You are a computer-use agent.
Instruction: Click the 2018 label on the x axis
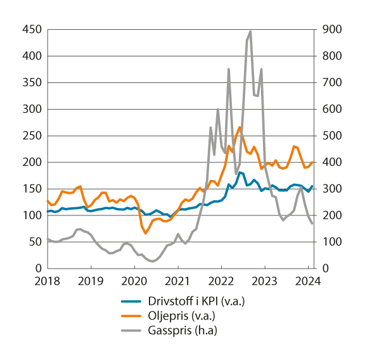pos(47,280)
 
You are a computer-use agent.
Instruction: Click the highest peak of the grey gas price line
pos(250,31)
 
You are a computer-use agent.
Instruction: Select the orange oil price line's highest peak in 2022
pos(239,127)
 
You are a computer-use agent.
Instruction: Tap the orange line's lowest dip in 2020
pos(145,233)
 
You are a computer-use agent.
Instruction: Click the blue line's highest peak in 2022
pos(240,172)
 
